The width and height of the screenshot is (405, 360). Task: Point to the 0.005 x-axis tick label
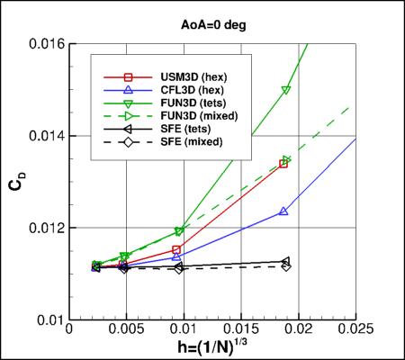(126, 332)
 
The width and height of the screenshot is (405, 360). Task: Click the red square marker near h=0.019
(284, 163)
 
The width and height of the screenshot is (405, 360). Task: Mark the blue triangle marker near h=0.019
(284, 211)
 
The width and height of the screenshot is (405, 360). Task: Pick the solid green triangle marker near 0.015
(286, 90)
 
